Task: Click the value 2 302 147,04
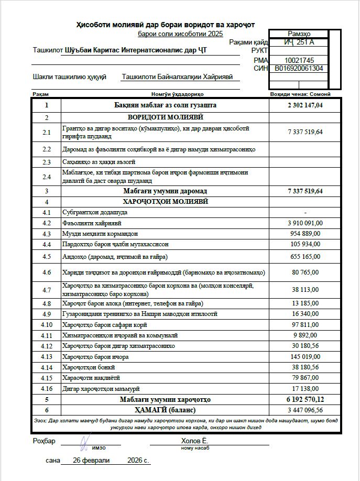(x=305, y=105)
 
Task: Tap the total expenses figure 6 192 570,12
(x=305, y=399)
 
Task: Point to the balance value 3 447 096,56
(x=305, y=410)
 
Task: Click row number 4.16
(x=47, y=389)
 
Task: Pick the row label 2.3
(x=47, y=162)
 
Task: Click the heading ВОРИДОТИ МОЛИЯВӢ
(x=165, y=117)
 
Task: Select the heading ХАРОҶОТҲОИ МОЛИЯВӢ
(x=165, y=201)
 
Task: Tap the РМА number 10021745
(x=299, y=60)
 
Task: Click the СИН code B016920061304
(x=299, y=68)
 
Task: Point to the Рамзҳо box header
(x=299, y=34)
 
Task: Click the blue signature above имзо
(x=85, y=441)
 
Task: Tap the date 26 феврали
(x=92, y=461)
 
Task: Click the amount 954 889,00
(x=307, y=234)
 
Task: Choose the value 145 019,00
(x=307, y=357)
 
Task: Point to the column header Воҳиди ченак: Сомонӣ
(x=300, y=94)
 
